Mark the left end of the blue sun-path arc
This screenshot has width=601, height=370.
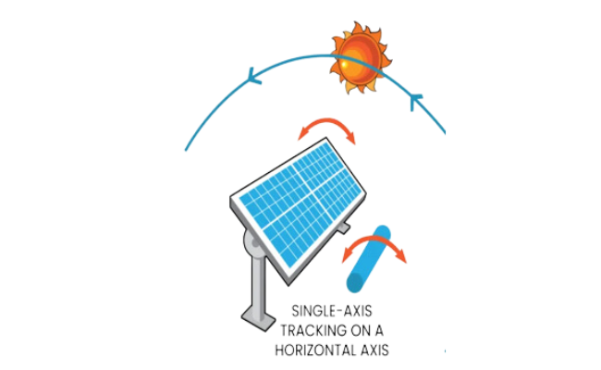pos(185,150)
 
